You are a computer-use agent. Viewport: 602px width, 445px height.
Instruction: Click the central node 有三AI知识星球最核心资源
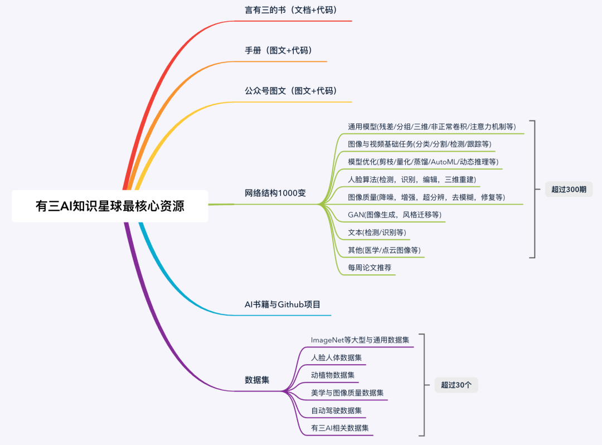tap(110, 206)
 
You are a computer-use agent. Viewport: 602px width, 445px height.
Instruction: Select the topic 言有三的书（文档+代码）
tap(291, 10)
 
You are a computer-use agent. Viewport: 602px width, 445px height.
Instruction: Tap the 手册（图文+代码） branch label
tap(278, 50)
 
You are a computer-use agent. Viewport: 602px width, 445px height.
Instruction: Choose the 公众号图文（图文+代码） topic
tap(291, 90)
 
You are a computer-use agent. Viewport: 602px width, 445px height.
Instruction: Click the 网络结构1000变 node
tap(275, 193)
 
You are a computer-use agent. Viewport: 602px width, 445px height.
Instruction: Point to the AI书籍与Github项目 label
tap(282, 304)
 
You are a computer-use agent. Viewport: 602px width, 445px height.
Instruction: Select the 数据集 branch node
tap(257, 380)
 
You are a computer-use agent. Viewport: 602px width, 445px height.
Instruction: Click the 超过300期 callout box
tap(569, 189)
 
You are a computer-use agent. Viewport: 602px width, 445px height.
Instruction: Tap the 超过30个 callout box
tap(456, 384)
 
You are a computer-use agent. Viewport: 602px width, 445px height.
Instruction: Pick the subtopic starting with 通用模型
tap(431, 127)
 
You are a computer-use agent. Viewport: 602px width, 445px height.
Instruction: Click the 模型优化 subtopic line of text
tap(423, 162)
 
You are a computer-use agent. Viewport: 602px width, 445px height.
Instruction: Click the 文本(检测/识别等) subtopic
tap(377, 232)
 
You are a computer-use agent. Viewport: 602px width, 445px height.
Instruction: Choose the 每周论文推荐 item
tap(370, 268)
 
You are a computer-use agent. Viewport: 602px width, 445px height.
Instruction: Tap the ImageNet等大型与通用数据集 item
tap(360, 340)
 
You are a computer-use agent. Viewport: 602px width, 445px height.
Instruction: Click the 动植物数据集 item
tap(333, 375)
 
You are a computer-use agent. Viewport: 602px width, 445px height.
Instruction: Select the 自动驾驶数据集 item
tap(336, 410)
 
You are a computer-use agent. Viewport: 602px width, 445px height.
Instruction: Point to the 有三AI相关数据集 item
tap(340, 428)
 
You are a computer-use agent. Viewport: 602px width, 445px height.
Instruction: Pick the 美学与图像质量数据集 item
tap(347, 393)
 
